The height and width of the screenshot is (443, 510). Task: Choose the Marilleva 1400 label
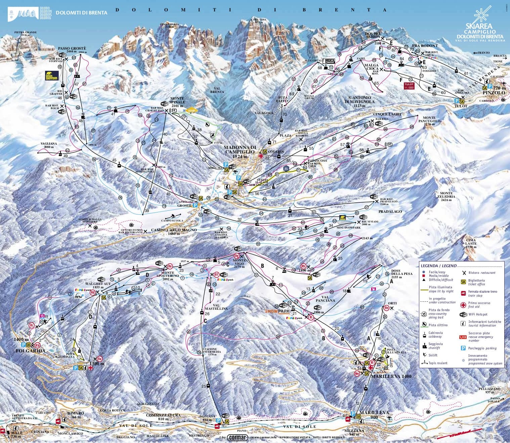click(x=391, y=376)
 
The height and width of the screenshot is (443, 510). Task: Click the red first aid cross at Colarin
click(x=260, y=156)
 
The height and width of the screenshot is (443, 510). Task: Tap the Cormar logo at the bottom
click(x=238, y=438)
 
